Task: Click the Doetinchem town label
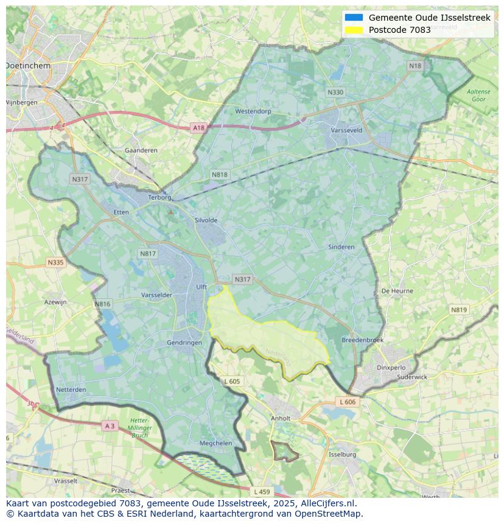pyautogui.click(x=28, y=65)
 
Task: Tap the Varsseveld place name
pyautogui.click(x=346, y=130)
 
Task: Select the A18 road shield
pyautogui.click(x=198, y=128)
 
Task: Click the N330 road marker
pyautogui.click(x=335, y=93)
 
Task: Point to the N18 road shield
pyautogui.click(x=415, y=66)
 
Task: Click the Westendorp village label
pyautogui.click(x=253, y=111)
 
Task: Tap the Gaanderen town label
pyautogui.click(x=141, y=150)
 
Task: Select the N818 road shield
pyautogui.click(x=220, y=175)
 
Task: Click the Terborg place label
pyautogui.click(x=161, y=198)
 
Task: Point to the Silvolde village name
pyautogui.click(x=206, y=220)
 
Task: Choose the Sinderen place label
pyautogui.click(x=341, y=247)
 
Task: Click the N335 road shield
pyautogui.click(x=55, y=262)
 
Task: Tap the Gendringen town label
pyautogui.click(x=184, y=343)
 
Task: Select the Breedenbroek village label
pyautogui.click(x=363, y=340)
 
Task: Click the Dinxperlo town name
pyautogui.click(x=391, y=368)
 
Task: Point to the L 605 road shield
pyautogui.click(x=232, y=382)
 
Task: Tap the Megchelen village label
pyautogui.click(x=216, y=444)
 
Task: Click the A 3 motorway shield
pyautogui.click(x=110, y=426)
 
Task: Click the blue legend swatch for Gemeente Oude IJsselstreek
pyautogui.click(x=354, y=18)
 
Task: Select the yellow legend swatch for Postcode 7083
pyautogui.click(x=354, y=30)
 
